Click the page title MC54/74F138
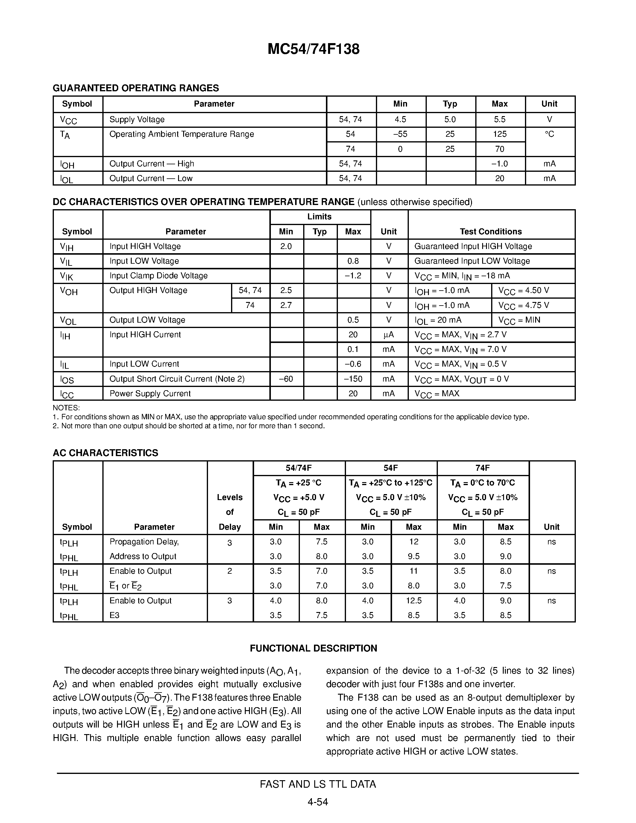[313, 49]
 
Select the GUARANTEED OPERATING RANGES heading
[136, 88]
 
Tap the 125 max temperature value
[500, 134]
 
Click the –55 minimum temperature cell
[400, 134]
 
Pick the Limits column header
[320, 217]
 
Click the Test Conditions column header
[491, 231]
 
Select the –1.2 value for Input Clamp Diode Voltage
[353, 276]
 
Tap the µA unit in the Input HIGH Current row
[388, 335]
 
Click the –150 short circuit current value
[353, 379]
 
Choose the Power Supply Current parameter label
[150, 394]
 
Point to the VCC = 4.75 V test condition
[524, 305]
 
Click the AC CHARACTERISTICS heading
[105, 453]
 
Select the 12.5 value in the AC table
[414, 601]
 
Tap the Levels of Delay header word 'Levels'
[230, 497]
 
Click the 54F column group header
[391, 468]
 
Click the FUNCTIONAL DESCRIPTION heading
[313, 648]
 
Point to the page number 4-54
[318, 801]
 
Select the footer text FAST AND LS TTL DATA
[318, 784]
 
